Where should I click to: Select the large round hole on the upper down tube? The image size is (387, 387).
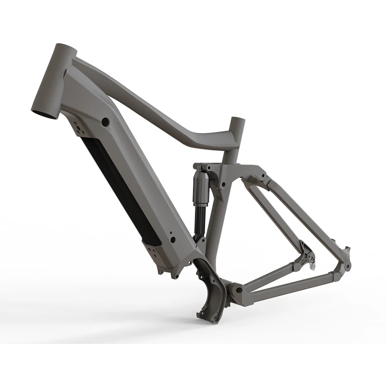[105, 120]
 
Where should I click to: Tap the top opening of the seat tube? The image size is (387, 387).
[237, 121]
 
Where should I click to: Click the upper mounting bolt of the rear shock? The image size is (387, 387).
[197, 167]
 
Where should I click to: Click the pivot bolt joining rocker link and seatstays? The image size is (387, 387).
[262, 175]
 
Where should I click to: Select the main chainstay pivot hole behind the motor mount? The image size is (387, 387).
[238, 290]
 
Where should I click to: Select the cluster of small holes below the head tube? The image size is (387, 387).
[76, 127]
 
